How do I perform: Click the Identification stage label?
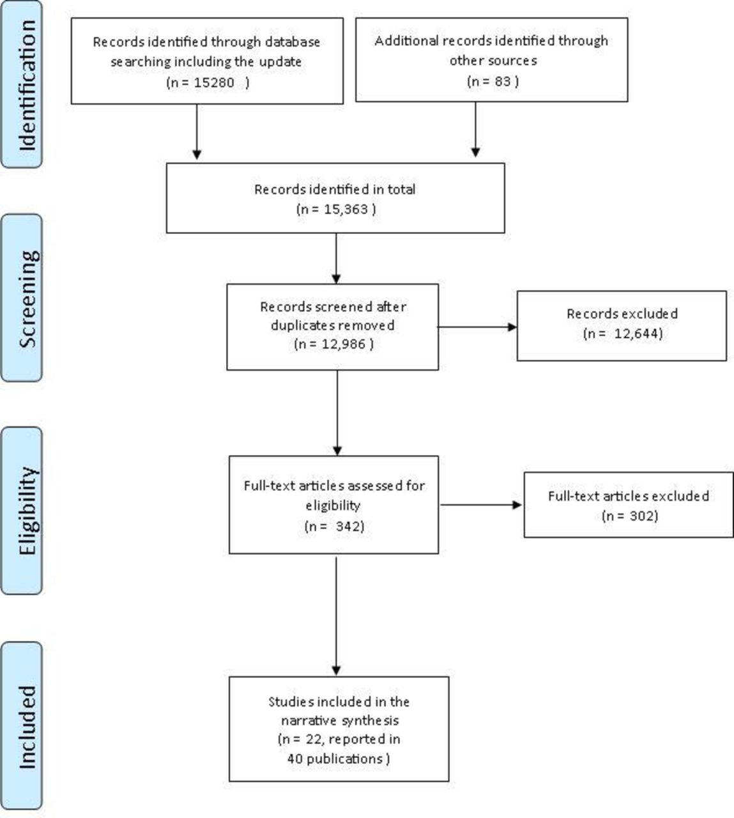pyautogui.click(x=27, y=86)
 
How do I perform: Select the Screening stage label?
pyautogui.click(x=28, y=299)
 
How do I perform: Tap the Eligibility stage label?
pyautogui.click(x=28, y=511)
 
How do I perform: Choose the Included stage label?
pyautogui.click(x=27, y=727)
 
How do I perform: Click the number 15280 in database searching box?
pyautogui.click(x=214, y=83)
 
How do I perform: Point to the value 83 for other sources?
pyautogui.click(x=503, y=82)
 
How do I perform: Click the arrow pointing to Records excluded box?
pyautogui.click(x=477, y=327)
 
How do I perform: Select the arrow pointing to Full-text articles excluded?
pyautogui.click(x=480, y=505)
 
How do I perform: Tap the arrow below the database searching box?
pyautogui.click(x=197, y=132)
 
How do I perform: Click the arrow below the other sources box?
pyautogui.click(x=476, y=129)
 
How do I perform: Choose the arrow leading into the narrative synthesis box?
pyautogui.click(x=336, y=615)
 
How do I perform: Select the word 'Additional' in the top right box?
pyautogui.click(x=406, y=41)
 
